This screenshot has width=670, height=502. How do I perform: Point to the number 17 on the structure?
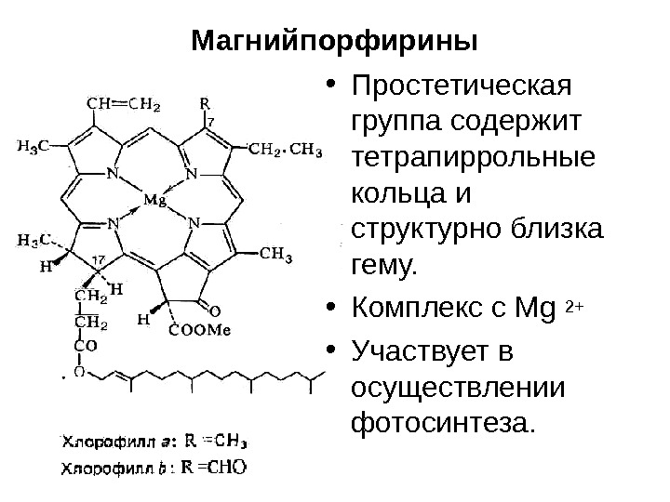[x=98, y=258]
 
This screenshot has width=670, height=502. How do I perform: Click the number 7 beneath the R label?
[x=210, y=122]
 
